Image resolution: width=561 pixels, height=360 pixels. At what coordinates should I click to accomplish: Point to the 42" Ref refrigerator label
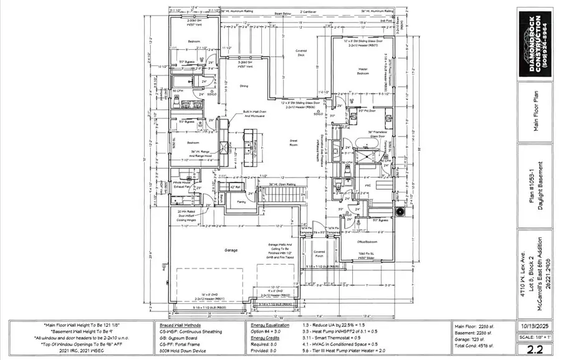point(236,187)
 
